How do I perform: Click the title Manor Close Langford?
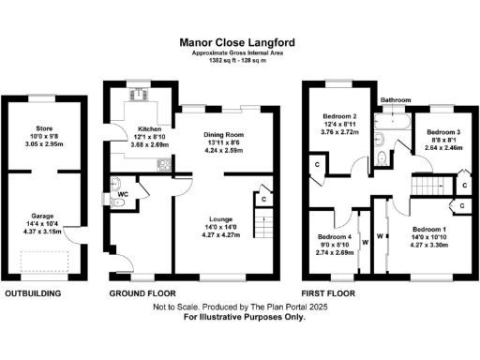pos(239,42)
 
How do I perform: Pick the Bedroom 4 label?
pos(335,237)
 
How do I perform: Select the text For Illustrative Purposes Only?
pos(239,319)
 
